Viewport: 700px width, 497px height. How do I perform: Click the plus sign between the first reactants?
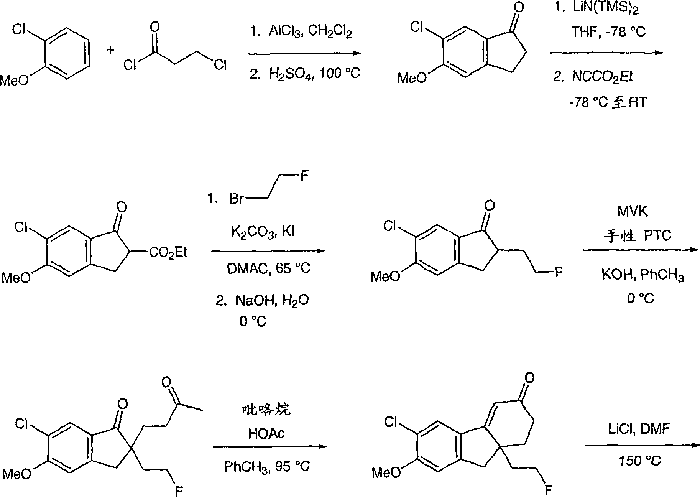tap(111, 50)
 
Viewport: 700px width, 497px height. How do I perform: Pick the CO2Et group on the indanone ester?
tap(168, 253)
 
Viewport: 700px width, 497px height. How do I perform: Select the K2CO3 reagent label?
tap(250, 232)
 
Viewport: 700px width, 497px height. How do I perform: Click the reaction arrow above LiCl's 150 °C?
tap(642, 445)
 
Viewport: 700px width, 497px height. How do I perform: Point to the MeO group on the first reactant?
tap(15, 80)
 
